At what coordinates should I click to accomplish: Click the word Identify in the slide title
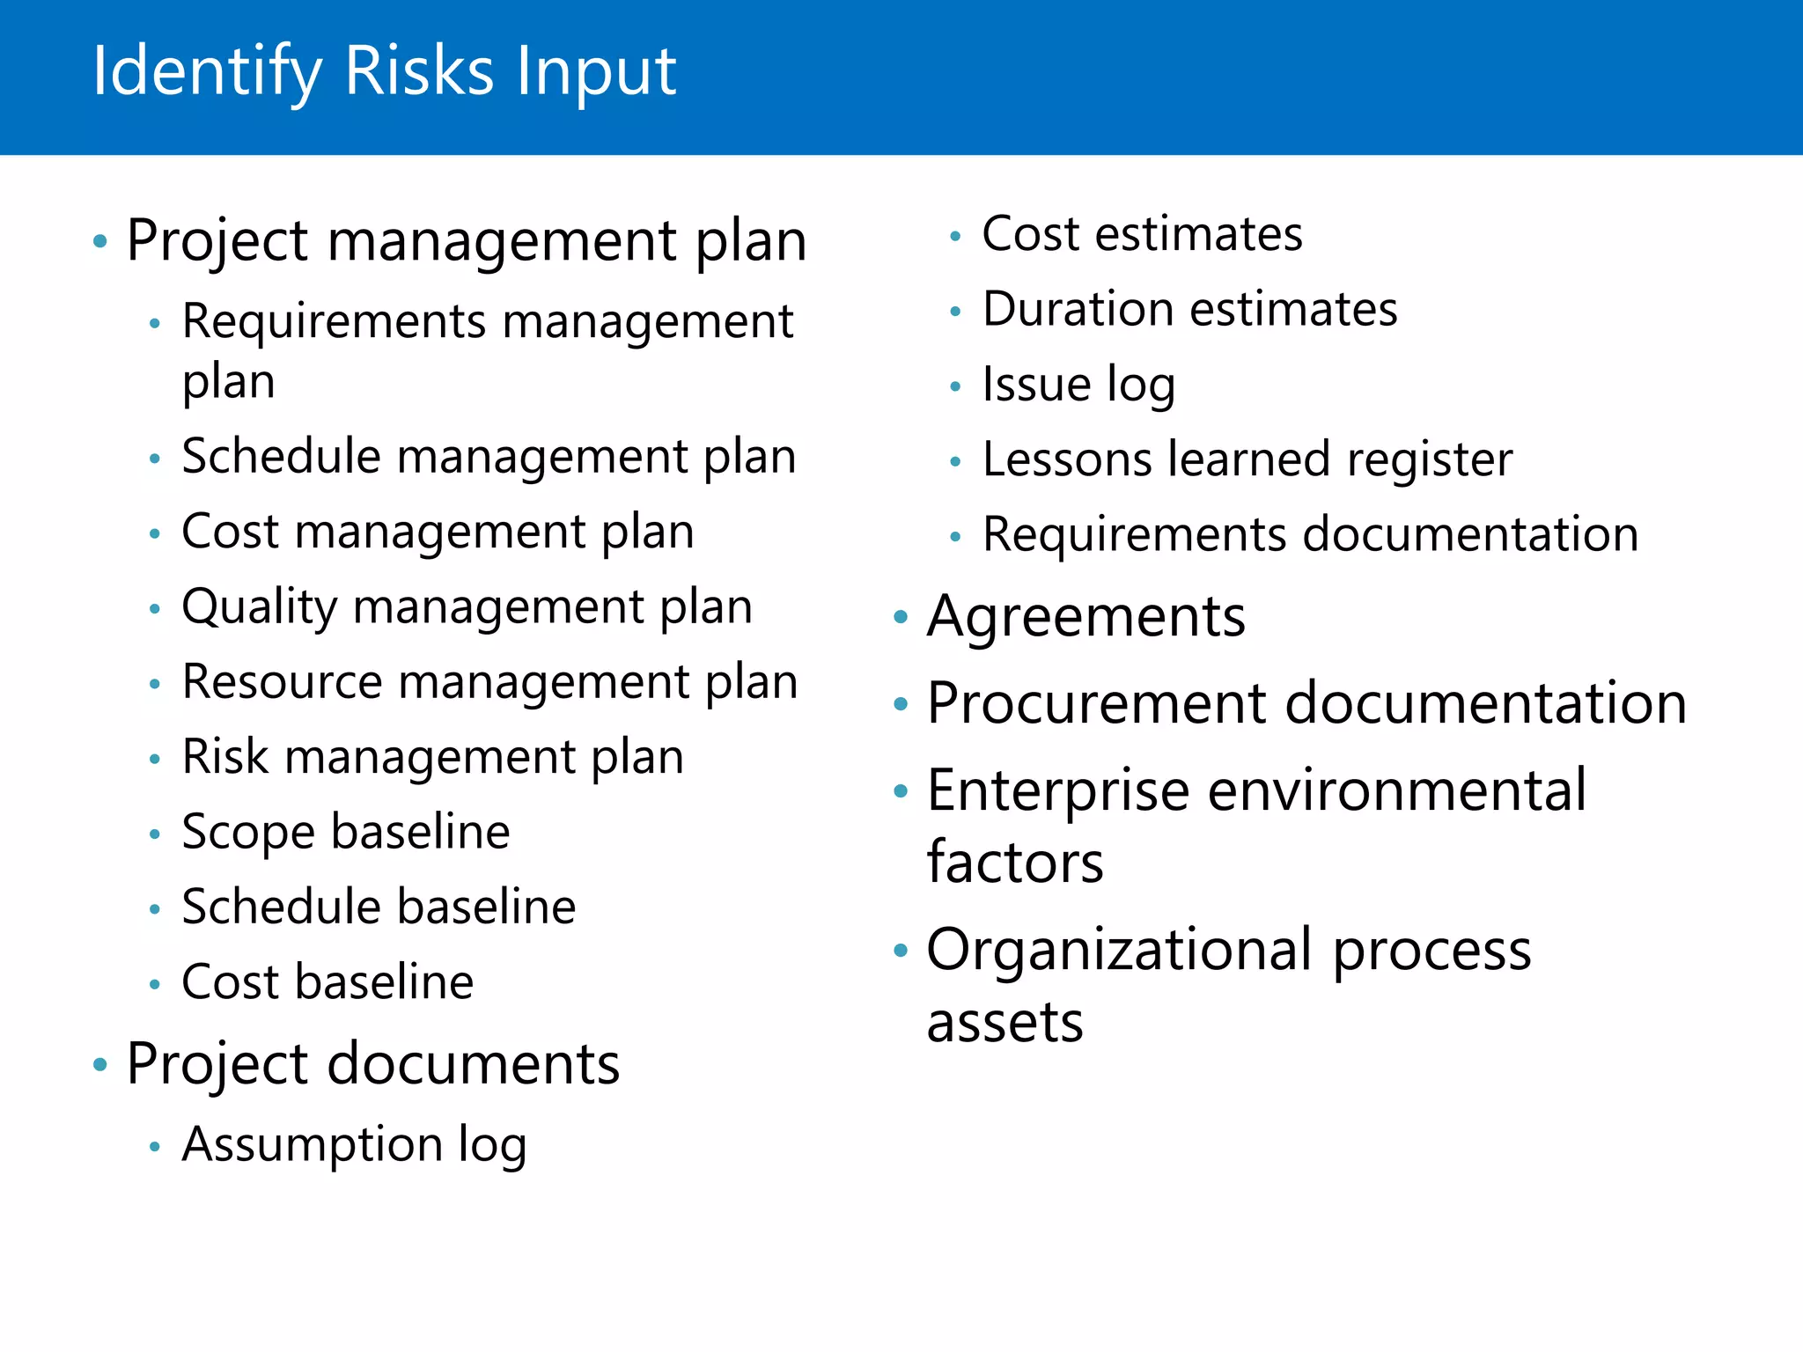coord(207,72)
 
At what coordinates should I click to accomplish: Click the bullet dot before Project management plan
coord(100,240)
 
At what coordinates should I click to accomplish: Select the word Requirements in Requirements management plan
coord(334,321)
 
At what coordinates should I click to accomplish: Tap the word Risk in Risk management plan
coord(224,757)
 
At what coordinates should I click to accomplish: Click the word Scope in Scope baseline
coord(247,833)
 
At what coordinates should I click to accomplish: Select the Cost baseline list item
coord(327,982)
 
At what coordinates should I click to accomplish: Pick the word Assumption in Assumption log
coord(312,1145)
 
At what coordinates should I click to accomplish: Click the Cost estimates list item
coord(1142,235)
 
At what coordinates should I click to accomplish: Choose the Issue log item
coord(1078,386)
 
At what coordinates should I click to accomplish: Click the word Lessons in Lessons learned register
coord(1067,460)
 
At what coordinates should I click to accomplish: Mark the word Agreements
coord(1086,616)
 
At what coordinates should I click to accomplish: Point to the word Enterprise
coord(1058,791)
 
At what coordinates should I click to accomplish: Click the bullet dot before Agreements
coord(900,617)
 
